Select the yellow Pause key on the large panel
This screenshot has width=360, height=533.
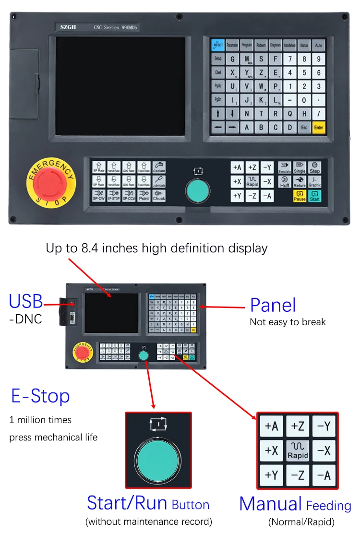pyautogui.click(x=300, y=196)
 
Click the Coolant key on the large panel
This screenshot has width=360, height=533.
pyautogui.click(x=159, y=167)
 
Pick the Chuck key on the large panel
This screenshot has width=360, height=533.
pyautogui.click(x=159, y=195)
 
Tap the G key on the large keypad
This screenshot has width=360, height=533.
pyautogui.click(x=233, y=59)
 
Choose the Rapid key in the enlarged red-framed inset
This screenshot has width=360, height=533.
pyautogui.click(x=298, y=450)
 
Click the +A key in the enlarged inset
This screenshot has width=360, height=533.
pyautogui.click(x=271, y=426)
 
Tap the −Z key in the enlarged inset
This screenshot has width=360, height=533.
pyautogui.click(x=298, y=475)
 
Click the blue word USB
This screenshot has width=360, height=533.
pyautogui.click(x=26, y=302)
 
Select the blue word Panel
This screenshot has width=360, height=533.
pyautogui.click(x=273, y=306)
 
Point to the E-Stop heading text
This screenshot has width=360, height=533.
pyautogui.click(x=40, y=396)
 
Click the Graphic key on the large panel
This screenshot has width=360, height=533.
pyautogui.click(x=315, y=181)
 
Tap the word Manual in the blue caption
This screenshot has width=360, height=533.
pyautogui.click(x=270, y=504)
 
